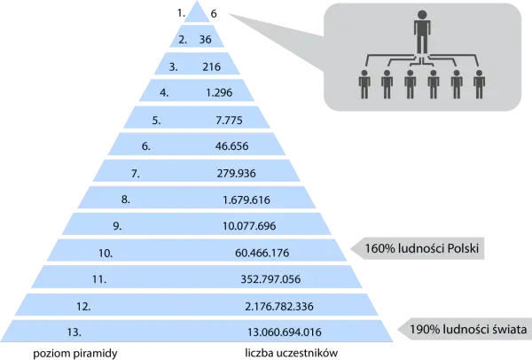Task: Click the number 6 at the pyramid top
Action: [x=214, y=13]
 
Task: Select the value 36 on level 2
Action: [x=206, y=39]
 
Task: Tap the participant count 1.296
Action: [x=219, y=92]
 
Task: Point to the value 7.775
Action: [x=230, y=120]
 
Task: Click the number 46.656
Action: [x=232, y=146]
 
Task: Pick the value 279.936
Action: [x=237, y=174]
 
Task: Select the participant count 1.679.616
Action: [x=246, y=200]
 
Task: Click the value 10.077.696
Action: [x=249, y=226]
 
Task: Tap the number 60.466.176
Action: [x=262, y=253]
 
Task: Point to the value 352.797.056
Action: [x=270, y=279]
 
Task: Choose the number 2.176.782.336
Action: [x=279, y=307]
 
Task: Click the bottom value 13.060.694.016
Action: [x=285, y=332]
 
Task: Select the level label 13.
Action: [x=74, y=332]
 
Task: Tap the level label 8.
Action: [x=126, y=200]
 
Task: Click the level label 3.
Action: [x=174, y=67]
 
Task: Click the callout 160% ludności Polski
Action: [x=422, y=248]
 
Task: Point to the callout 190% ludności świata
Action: [x=468, y=329]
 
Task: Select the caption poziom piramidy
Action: [x=75, y=353]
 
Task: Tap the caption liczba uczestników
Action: [x=292, y=353]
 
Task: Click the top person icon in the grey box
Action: [x=422, y=32]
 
